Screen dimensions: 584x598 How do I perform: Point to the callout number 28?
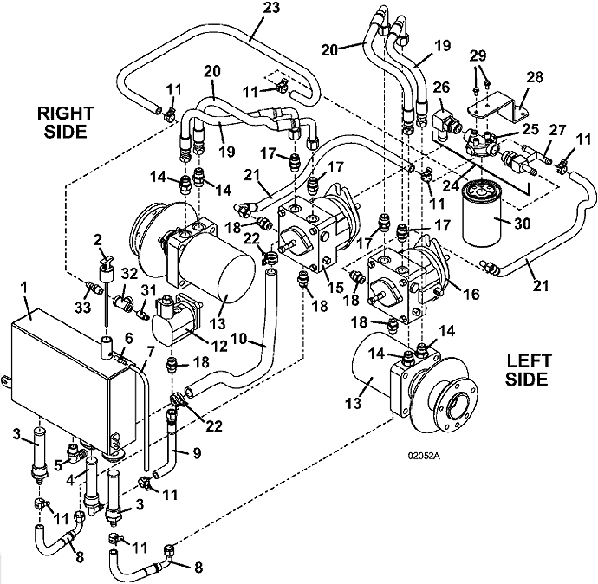535,77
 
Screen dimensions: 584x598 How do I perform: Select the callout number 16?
471,294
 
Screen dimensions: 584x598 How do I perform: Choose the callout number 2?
98,239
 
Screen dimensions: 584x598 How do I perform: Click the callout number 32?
128,273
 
